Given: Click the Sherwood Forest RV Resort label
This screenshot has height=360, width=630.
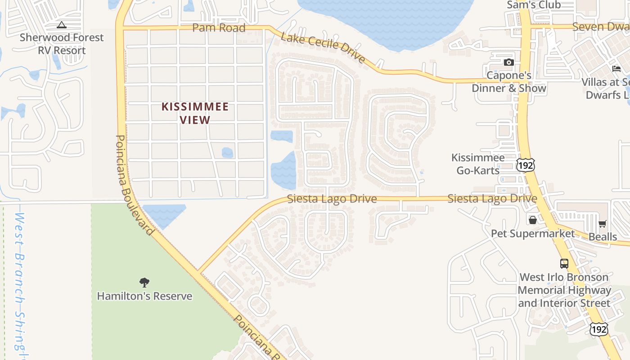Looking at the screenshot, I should [62, 44].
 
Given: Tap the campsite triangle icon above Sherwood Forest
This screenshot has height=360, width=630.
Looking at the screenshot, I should [62, 25].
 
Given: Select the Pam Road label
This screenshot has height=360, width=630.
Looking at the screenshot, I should [219, 28].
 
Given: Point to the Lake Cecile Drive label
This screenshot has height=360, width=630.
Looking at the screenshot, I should [323, 48].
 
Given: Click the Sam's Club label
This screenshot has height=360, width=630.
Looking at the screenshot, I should [534, 5].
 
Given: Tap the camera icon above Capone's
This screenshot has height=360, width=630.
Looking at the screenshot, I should [509, 62].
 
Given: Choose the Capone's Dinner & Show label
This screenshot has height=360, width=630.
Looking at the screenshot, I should [509, 81].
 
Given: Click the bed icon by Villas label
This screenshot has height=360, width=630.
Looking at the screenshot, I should [616, 68].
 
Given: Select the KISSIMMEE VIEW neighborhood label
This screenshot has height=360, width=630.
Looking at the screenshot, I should [195, 113].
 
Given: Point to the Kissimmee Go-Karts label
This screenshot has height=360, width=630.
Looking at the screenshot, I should [478, 164].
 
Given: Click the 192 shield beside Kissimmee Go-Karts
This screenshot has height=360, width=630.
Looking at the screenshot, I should [525, 165].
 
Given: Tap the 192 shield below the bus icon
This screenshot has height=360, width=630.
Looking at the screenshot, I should [598, 329].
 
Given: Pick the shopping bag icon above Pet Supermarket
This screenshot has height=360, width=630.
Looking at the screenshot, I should [533, 220].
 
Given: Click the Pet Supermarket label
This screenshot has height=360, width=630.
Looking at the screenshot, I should [533, 234].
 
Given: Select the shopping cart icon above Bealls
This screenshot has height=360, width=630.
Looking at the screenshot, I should [603, 224].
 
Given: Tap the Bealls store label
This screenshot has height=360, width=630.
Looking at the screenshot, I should [603, 237].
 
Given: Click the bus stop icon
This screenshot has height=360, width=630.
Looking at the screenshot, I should [564, 263].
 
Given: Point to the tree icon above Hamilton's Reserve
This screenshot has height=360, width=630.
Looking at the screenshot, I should [144, 283].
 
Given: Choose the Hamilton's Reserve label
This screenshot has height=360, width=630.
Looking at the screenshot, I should [144, 296].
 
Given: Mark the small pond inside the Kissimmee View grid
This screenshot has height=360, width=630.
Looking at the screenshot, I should [228, 153].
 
